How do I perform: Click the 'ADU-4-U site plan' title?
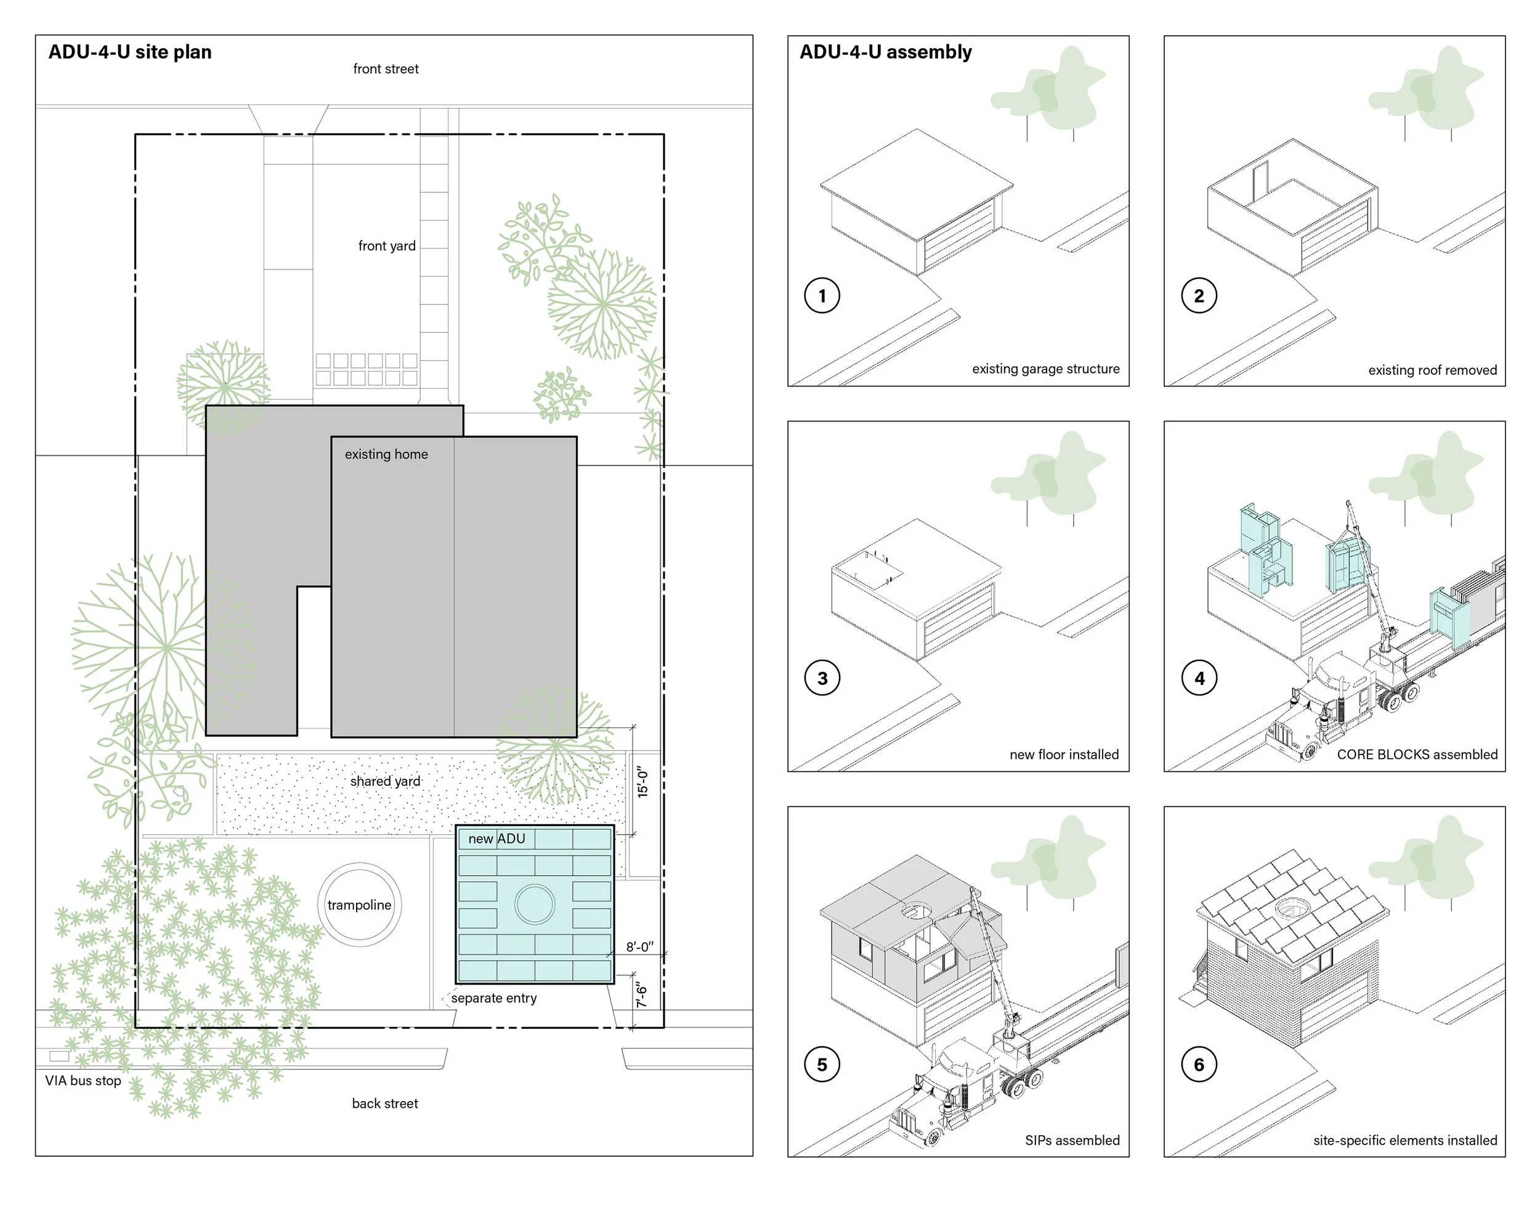click(130, 52)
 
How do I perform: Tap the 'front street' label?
click(386, 69)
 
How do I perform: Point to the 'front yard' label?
click(386, 246)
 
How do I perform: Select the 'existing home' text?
click(386, 454)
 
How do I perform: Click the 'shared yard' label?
click(385, 781)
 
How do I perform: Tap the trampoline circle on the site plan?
click(359, 905)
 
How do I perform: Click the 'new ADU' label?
click(496, 839)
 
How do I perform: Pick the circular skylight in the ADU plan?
click(535, 904)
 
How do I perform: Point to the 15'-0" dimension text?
click(643, 782)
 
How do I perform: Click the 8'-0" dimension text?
click(640, 947)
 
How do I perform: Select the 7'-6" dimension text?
click(641, 996)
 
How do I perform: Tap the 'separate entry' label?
click(493, 999)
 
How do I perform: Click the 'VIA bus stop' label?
click(83, 1081)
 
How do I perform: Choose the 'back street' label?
click(385, 1104)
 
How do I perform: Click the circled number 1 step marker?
click(822, 296)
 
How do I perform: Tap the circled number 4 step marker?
click(1199, 678)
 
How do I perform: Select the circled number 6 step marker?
click(1199, 1065)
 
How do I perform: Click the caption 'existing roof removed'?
click(1432, 371)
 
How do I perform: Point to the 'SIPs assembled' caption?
click(1072, 1141)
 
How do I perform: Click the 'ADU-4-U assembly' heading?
click(886, 52)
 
